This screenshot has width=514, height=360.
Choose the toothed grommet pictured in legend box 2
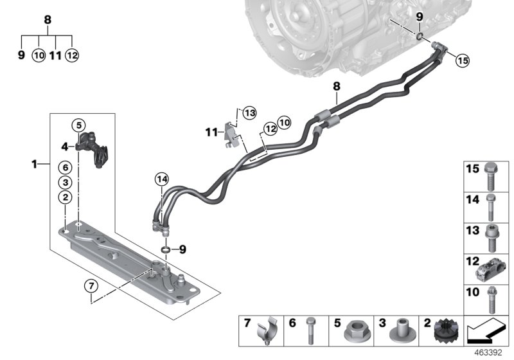point(445,332)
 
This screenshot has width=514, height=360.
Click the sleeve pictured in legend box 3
point(400,332)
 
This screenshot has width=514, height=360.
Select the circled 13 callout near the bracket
point(249,113)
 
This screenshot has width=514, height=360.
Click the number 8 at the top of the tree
point(47,20)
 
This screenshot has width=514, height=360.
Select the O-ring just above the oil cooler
point(165,249)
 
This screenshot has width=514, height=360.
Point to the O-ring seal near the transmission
point(419,37)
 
